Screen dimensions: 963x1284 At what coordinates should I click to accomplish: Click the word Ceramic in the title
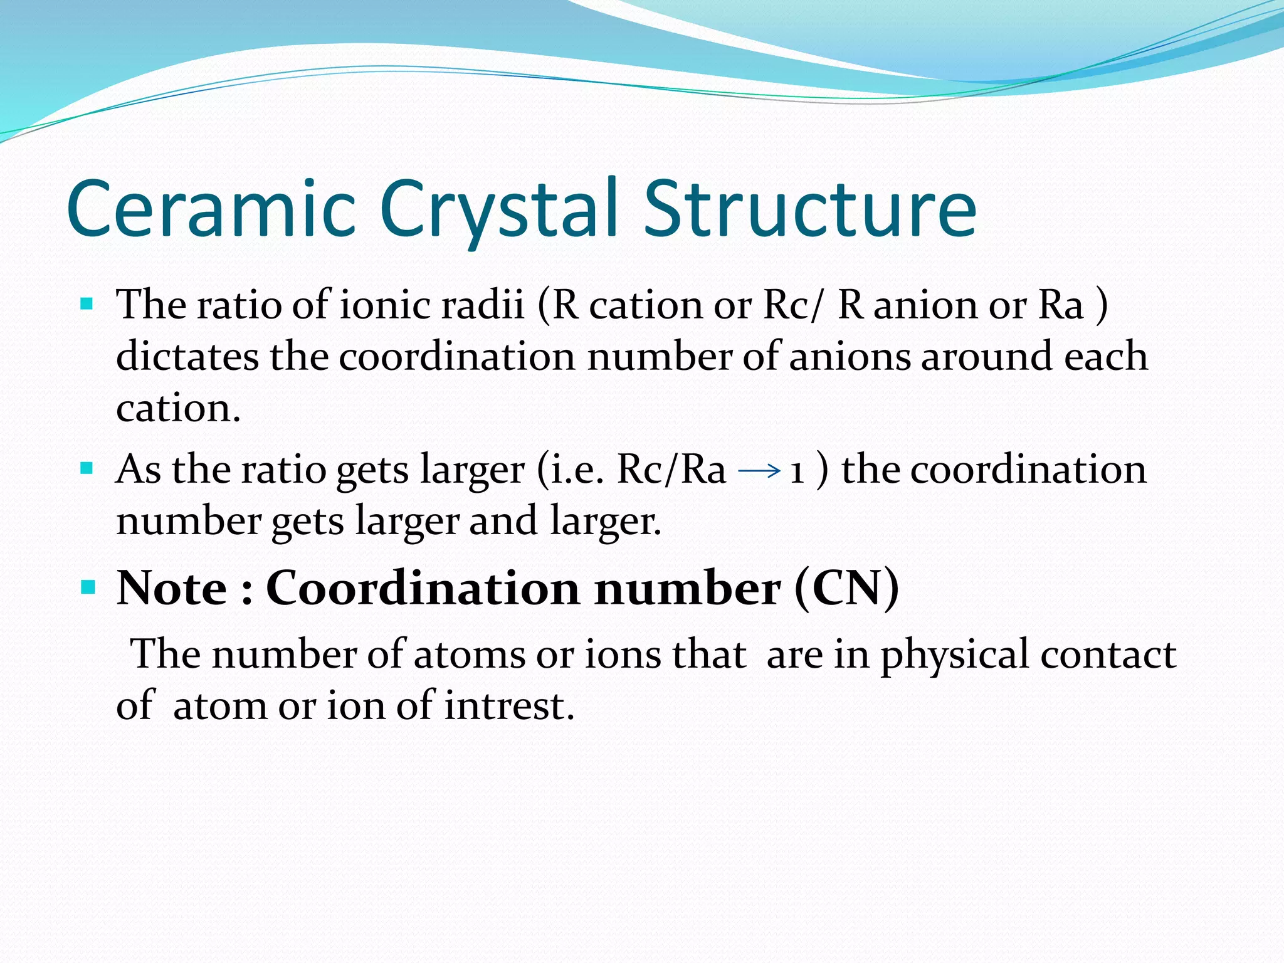pyautogui.click(x=211, y=209)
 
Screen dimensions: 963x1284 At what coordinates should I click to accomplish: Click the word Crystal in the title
pyautogui.click(x=502, y=209)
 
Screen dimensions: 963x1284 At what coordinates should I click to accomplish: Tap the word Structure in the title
pyautogui.click(x=810, y=209)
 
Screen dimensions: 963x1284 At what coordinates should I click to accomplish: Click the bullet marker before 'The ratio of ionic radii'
pyautogui.click(x=87, y=305)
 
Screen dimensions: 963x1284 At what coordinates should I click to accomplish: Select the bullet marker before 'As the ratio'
pyautogui.click(x=87, y=468)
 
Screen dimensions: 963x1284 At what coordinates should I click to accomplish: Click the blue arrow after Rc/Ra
pyautogui.click(x=759, y=470)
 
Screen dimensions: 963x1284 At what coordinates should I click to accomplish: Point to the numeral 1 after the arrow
pyautogui.click(x=797, y=471)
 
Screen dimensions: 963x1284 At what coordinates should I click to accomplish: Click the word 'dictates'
pyautogui.click(x=187, y=357)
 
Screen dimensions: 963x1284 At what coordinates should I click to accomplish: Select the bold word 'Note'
pyautogui.click(x=172, y=588)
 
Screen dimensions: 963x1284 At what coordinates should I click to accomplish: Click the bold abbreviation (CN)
pyautogui.click(x=846, y=588)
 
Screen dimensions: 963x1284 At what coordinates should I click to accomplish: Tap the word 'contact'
pyautogui.click(x=1108, y=655)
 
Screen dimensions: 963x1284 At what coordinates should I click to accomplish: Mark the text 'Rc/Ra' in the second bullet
pyautogui.click(x=671, y=470)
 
